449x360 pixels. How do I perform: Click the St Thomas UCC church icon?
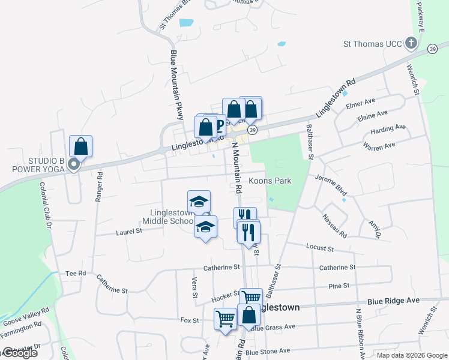411,43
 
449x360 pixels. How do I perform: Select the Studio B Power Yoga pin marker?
74,164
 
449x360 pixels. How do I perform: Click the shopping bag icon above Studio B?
80,146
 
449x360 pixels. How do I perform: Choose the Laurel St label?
129,230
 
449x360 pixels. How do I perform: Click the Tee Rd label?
76,273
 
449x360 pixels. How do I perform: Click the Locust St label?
319,247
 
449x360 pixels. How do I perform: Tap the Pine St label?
339,287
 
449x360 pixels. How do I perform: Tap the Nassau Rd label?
334,226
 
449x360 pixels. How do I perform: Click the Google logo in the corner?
20,353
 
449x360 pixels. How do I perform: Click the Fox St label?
190,320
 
